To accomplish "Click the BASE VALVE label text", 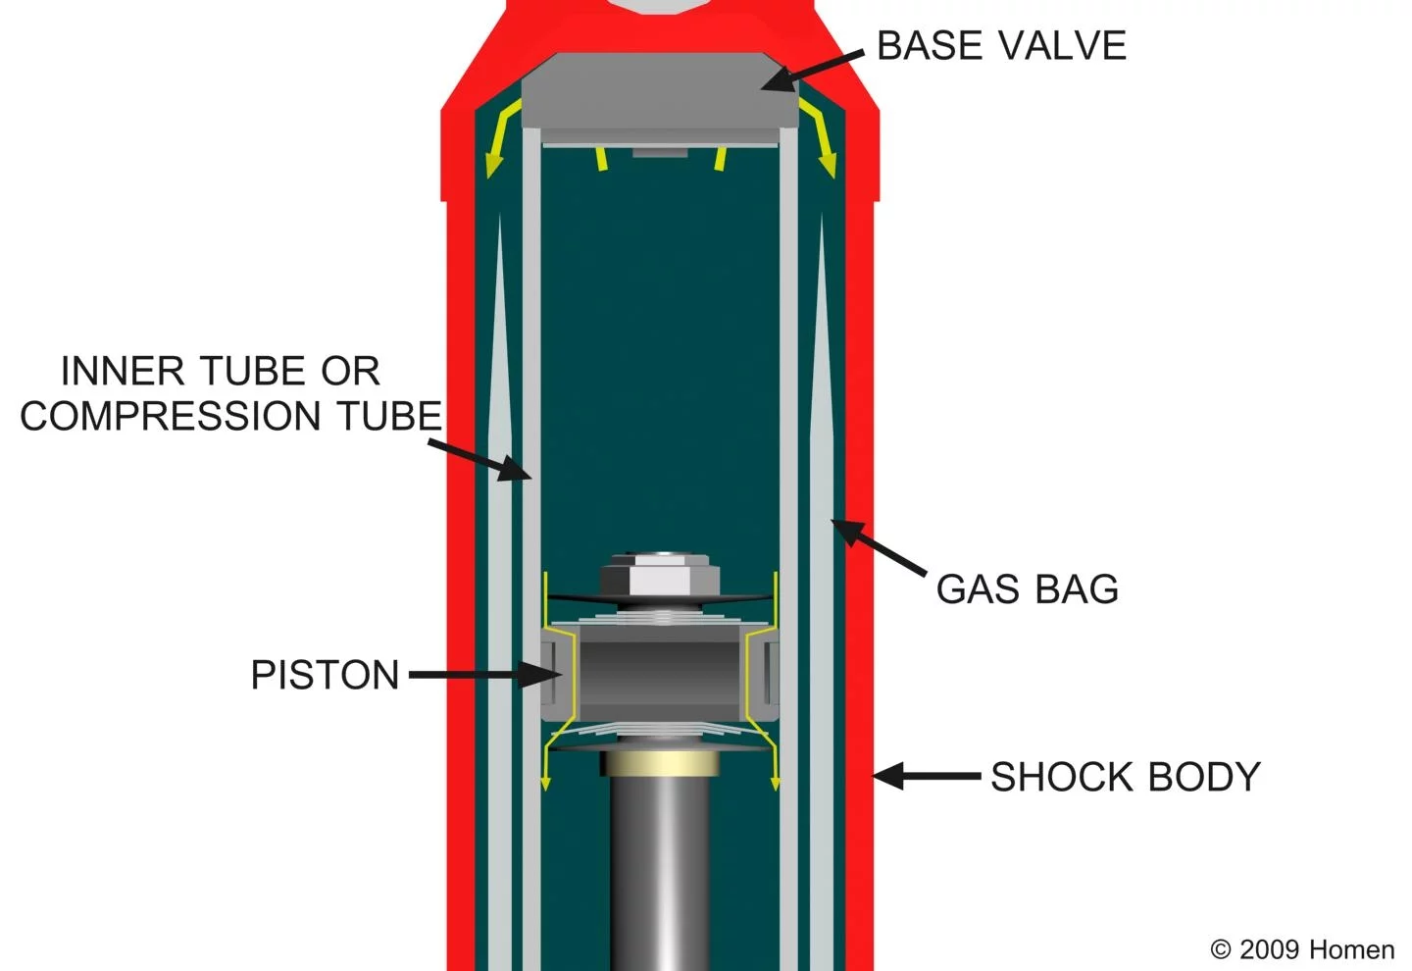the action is (x=1001, y=45).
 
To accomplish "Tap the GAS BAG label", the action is (x=1028, y=588).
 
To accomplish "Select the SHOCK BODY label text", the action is (x=1126, y=776).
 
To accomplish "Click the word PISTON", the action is (x=326, y=675).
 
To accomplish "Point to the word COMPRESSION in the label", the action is (x=171, y=416).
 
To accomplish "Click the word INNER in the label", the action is (x=123, y=370).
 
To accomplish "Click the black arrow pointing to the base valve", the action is (x=812, y=72).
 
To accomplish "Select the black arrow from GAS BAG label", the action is (x=879, y=547).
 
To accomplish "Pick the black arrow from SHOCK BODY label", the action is (x=927, y=776).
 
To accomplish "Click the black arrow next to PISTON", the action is (x=485, y=675).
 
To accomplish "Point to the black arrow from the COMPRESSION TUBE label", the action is (x=479, y=461).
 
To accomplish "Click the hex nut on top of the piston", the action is (x=660, y=575).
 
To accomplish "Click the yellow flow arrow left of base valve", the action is (x=502, y=137).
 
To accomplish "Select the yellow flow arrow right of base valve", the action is (x=818, y=137).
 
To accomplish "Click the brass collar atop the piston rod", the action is (x=660, y=763).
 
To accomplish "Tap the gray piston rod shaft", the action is (x=660, y=873).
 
